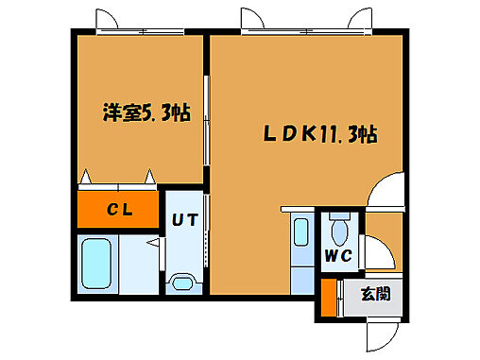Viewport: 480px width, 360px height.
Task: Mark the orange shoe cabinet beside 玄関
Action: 328,298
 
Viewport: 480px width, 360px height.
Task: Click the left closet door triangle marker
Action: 88,177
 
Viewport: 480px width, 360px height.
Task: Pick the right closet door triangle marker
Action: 149,177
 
